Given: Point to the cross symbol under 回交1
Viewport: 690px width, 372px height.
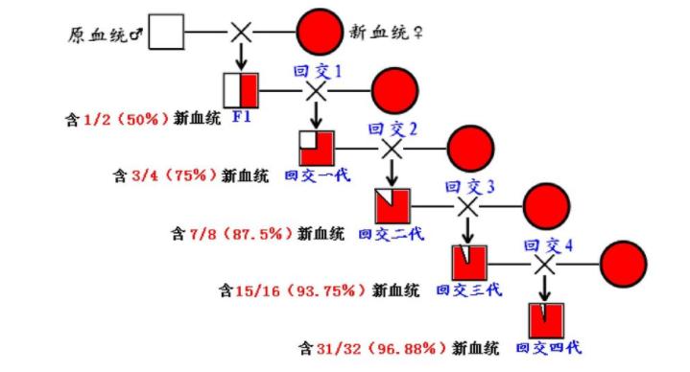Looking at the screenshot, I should pos(316,91).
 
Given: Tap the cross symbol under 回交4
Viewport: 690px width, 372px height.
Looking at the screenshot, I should pos(545,262).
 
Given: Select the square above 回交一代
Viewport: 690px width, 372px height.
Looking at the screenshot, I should pos(316,149).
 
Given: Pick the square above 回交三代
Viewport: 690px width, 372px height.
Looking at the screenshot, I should pos(469,262).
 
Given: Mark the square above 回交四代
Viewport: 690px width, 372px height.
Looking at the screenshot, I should pos(546,320).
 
